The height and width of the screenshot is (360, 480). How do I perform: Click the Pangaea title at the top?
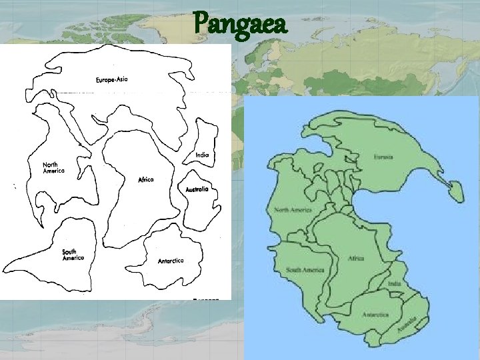[x=240, y=25]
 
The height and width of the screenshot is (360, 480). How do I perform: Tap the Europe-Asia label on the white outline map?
[x=111, y=80]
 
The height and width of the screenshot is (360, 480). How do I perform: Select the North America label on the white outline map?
[x=54, y=167]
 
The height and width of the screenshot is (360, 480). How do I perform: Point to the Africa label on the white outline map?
[x=146, y=180]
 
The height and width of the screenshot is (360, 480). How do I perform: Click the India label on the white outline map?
[x=203, y=155]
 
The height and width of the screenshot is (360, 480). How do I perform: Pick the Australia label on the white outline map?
[x=197, y=189]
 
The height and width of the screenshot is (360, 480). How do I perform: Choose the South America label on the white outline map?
[x=73, y=255]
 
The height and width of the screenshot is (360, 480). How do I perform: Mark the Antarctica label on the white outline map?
[x=171, y=261]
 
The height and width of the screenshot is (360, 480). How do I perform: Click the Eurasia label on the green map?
[x=383, y=157]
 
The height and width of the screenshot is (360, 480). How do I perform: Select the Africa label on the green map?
[x=355, y=257]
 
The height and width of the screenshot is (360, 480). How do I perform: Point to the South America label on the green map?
[x=305, y=270]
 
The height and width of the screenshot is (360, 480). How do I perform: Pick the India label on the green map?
[x=395, y=284]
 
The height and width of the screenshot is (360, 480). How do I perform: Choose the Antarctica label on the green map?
[x=375, y=314]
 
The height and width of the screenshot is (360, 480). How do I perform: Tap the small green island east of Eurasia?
[x=455, y=191]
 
